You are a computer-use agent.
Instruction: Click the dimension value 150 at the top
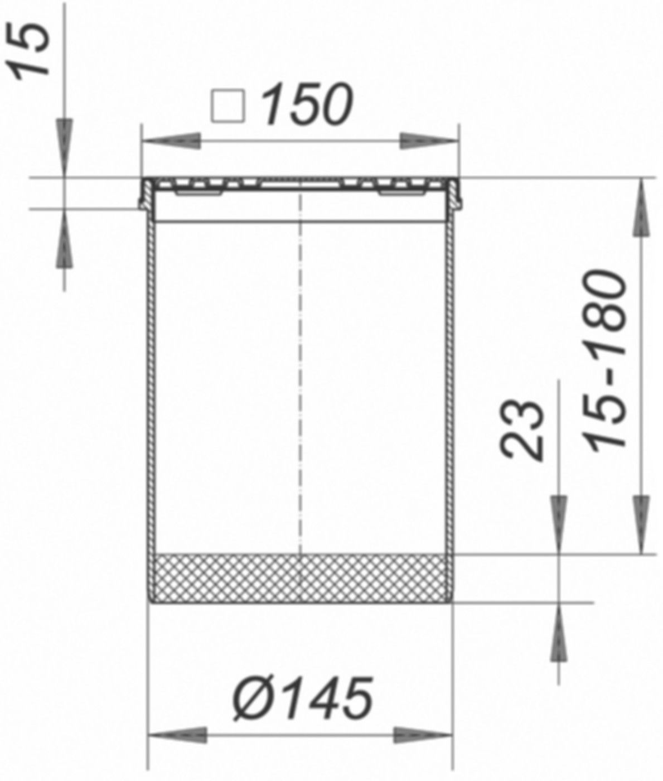pyautogui.click(x=308, y=104)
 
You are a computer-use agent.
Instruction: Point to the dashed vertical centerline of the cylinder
pyautogui.click(x=301, y=363)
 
